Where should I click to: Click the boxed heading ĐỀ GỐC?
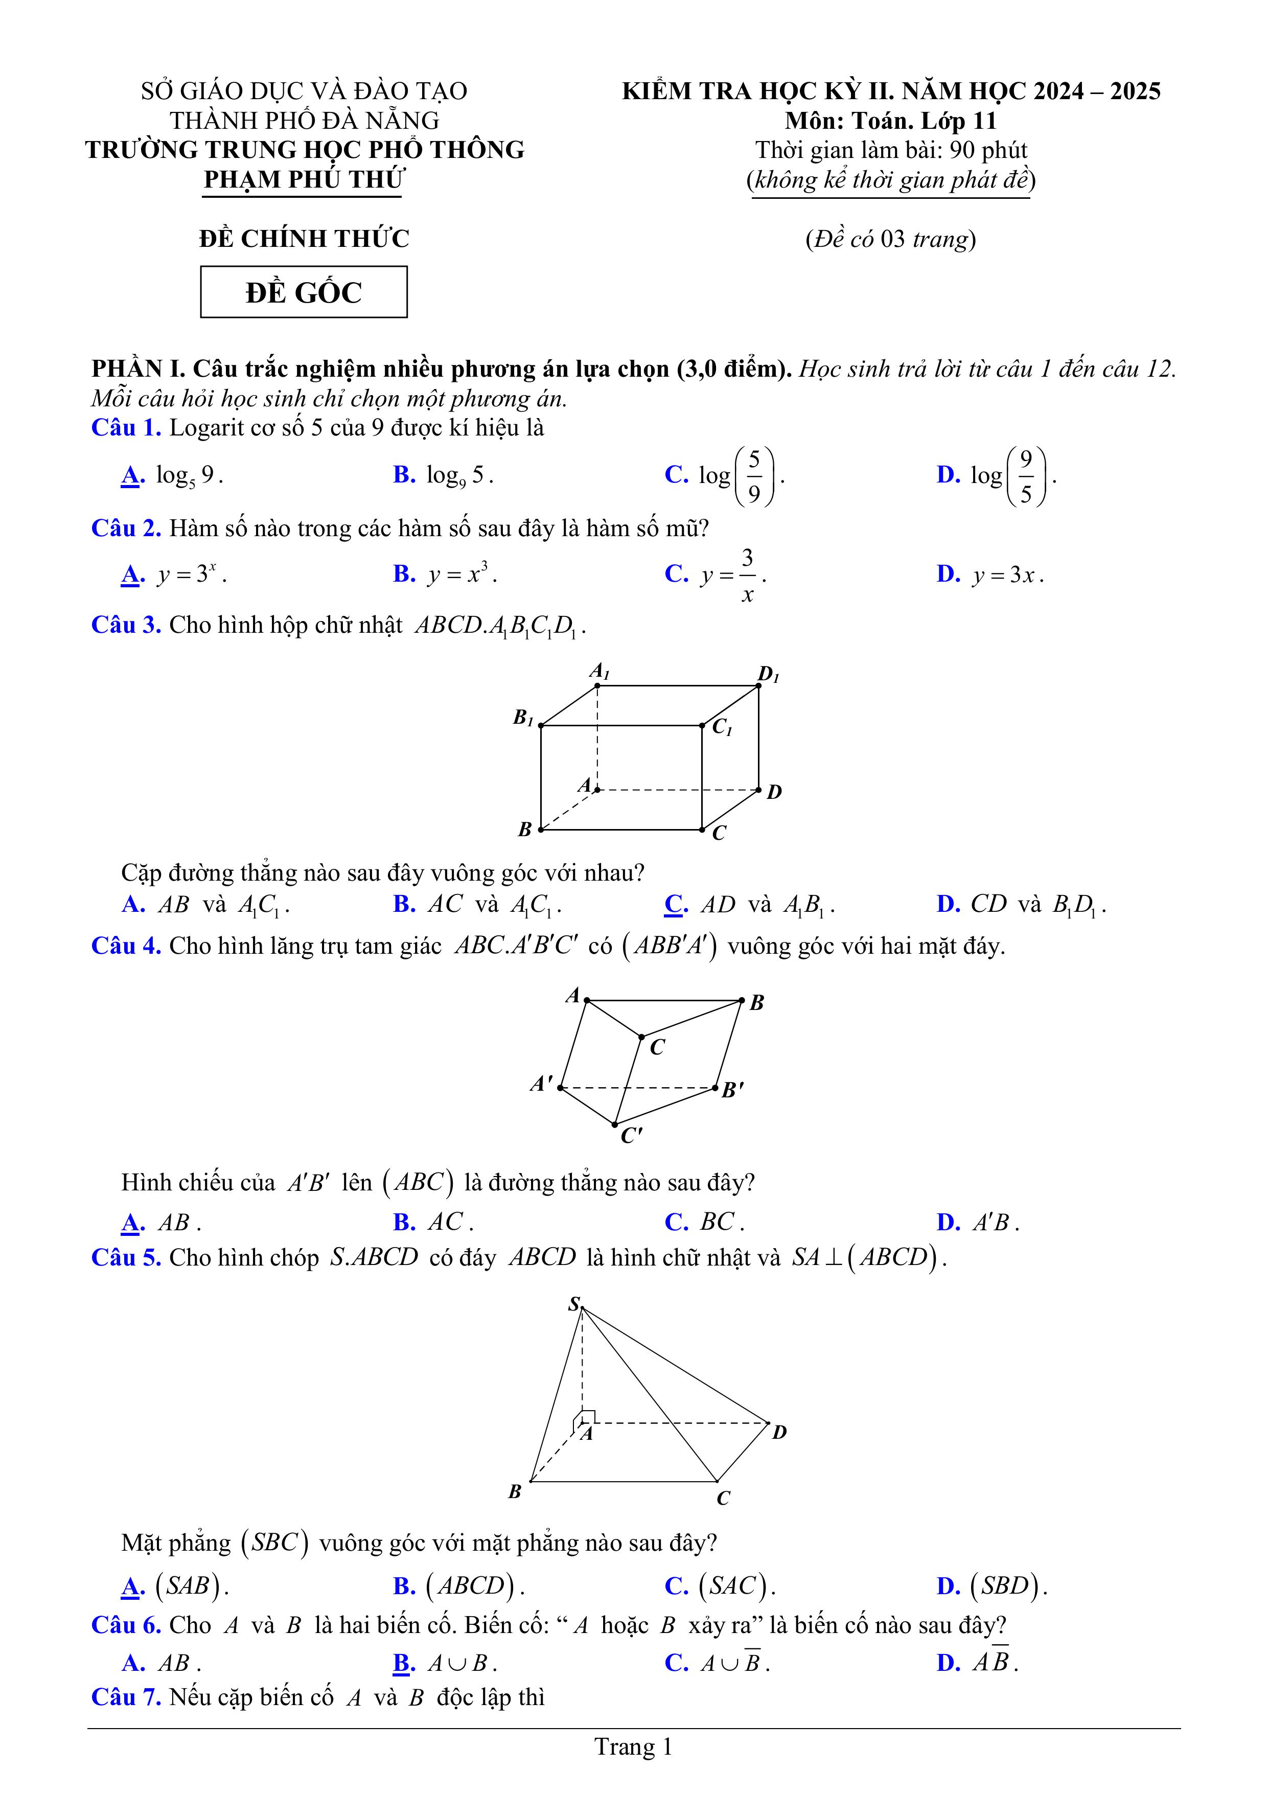coord(304,292)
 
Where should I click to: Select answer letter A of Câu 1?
coord(132,475)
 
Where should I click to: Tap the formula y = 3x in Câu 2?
coord(1008,576)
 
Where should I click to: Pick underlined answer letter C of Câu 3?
coord(675,904)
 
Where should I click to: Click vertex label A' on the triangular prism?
coord(541,1083)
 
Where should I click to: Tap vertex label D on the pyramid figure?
coord(779,1432)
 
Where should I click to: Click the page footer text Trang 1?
coord(633,1747)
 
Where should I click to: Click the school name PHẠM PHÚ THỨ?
coord(304,179)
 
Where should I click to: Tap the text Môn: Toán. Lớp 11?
coord(890,120)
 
